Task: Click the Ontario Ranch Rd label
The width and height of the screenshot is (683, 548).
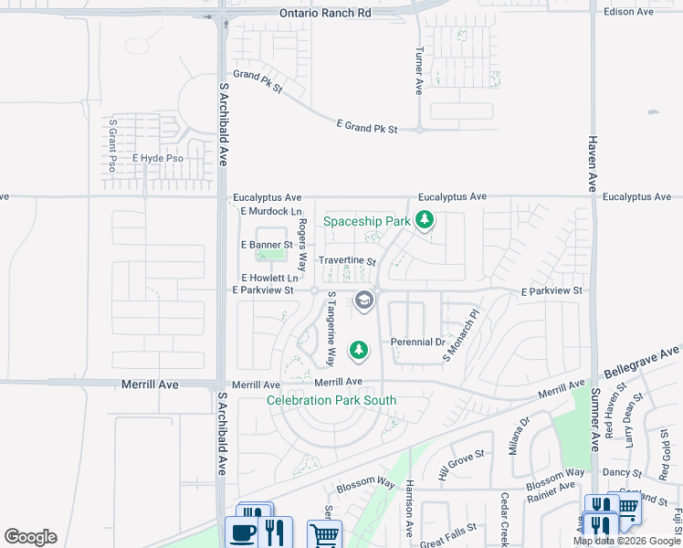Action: click(325, 13)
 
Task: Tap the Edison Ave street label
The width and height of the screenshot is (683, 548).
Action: click(629, 12)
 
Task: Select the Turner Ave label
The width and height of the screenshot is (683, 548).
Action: click(419, 71)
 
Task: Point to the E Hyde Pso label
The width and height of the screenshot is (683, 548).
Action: click(157, 159)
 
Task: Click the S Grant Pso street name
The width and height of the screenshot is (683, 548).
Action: click(113, 145)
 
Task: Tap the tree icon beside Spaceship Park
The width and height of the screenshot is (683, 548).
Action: click(424, 219)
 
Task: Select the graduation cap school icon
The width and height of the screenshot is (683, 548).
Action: click(364, 300)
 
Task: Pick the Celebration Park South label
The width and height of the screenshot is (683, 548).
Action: click(331, 400)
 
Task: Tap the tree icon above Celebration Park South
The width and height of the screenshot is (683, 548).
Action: click(360, 349)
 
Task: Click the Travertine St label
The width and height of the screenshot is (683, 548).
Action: click(347, 260)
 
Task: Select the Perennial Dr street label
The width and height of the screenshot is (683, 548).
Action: click(416, 342)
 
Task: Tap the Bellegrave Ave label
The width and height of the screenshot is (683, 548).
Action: click(644, 363)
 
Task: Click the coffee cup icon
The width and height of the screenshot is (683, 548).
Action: click(243, 532)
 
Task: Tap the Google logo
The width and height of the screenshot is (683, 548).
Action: click(30, 537)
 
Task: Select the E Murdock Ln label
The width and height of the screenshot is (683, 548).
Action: click(269, 212)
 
